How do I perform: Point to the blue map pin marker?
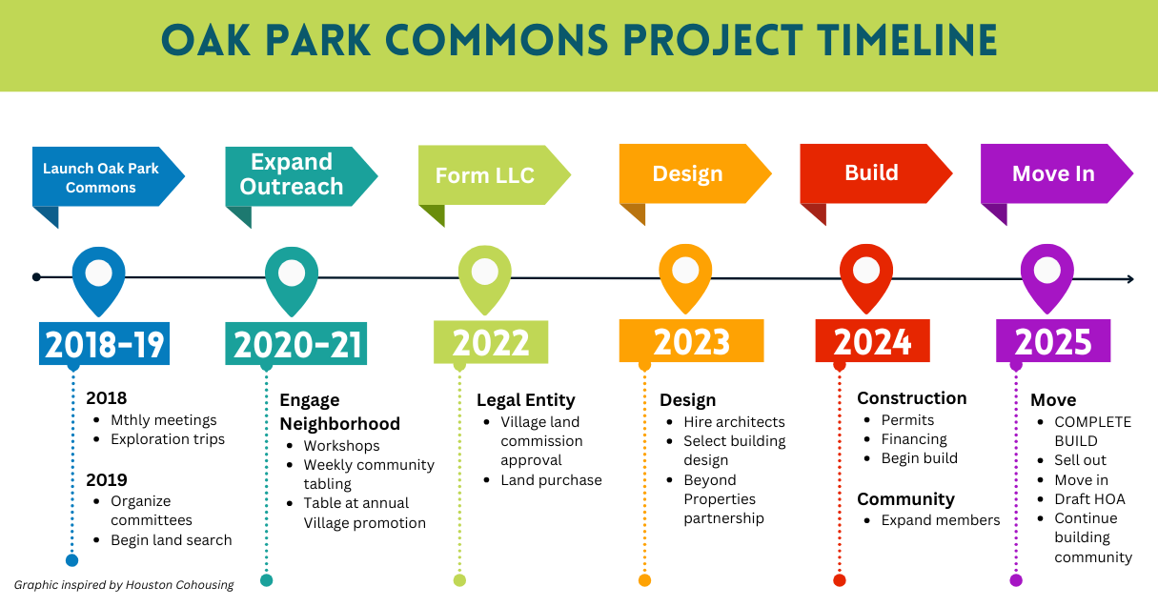[98, 277]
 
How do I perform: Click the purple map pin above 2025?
[1047, 275]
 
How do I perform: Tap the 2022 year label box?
[491, 343]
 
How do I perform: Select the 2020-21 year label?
[296, 343]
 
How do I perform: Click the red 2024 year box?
[872, 342]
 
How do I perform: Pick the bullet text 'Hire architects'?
[734, 422]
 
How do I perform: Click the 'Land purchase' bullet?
[551, 480]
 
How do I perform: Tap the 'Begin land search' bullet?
[171, 540]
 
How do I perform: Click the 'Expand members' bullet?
[940, 520]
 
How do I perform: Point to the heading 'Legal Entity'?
[526, 400]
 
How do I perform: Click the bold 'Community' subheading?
[905, 499]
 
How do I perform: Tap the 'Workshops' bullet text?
[341, 446]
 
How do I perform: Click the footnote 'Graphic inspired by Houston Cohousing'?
[124, 585]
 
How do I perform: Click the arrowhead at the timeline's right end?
[1129, 279]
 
